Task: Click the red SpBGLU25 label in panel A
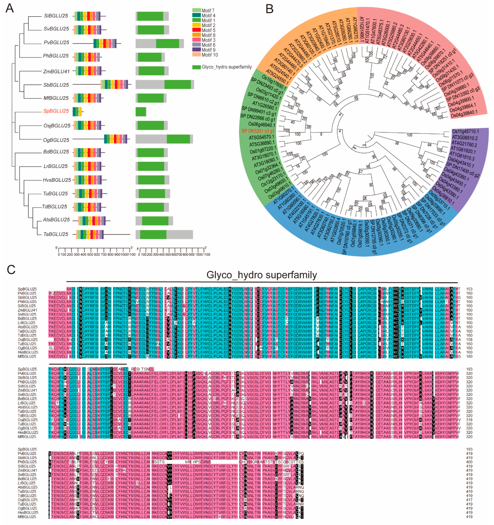pyautogui.click(x=56, y=111)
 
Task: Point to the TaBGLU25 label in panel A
pyautogui.click(x=56, y=234)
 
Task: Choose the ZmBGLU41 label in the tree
pyautogui.click(x=56, y=71)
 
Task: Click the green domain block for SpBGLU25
pyautogui.click(x=141, y=112)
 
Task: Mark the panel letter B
pyautogui.click(x=269, y=9)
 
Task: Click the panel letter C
pyautogui.click(x=11, y=270)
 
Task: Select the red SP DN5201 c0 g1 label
pyautogui.click(x=258, y=131)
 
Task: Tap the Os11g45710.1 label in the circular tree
pyautogui.click(x=465, y=131)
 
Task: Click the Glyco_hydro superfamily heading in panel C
pyautogui.click(x=261, y=275)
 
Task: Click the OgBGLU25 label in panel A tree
pyautogui.click(x=56, y=140)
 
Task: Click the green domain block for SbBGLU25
pyautogui.click(x=177, y=85)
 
